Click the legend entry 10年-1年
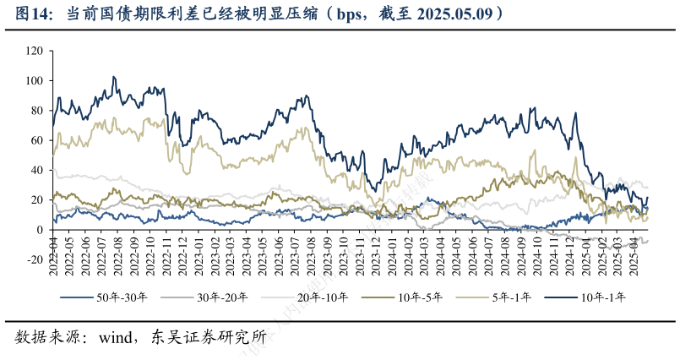point(601,297)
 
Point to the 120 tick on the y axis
point(34,51)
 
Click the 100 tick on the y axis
point(34,81)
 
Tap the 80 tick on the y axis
point(36,111)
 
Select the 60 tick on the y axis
point(36,140)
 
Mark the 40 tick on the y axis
point(36,171)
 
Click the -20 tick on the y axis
point(34,259)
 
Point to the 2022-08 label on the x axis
point(117,252)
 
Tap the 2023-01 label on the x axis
point(197,252)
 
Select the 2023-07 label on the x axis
point(292,252)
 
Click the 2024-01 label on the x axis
point(388,252)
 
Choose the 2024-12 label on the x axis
point(563,252)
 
